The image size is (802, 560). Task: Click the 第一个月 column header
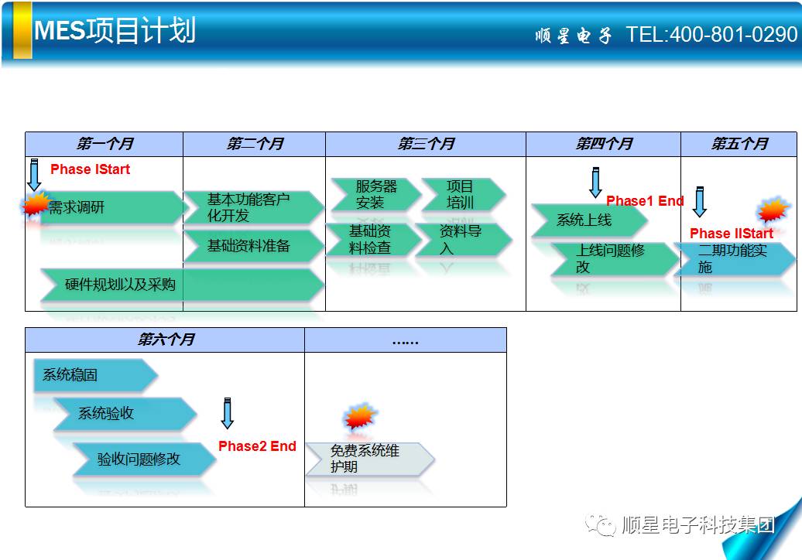pos(105,144)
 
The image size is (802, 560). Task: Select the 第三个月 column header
pos(426,144)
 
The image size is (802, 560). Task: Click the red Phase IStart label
pos(90,169)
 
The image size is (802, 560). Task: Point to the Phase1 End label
pos(645,201)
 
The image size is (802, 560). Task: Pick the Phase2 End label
pos(257,446)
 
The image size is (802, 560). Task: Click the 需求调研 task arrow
pos(112,207)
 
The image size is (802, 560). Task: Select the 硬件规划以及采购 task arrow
pos(182,285)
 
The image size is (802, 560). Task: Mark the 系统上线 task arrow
pos(590,220)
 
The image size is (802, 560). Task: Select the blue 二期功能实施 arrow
pos(735,259)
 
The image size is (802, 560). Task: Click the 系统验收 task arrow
pos(125,413)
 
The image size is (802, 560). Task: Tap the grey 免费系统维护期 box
pos(370,459)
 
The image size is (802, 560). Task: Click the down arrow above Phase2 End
pos(228,413)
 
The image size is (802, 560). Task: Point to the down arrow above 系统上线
pos(595,182)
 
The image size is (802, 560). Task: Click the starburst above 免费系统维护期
pos(361,416)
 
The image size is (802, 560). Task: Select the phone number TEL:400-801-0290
pos(711,35)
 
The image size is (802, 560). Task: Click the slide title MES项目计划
pos(115,30)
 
